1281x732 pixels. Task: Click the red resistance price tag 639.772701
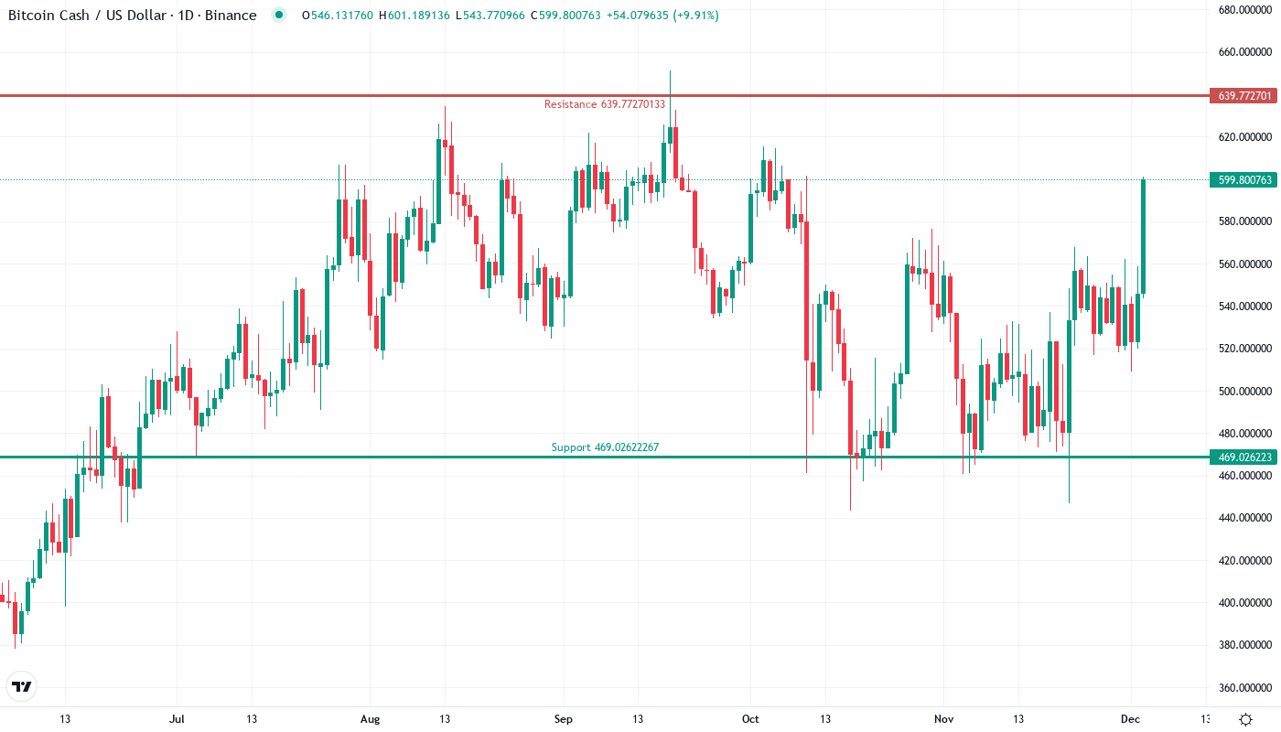click(x=1242, y=95)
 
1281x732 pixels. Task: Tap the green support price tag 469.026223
click(x=1242, y=457)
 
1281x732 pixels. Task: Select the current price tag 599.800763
click(x=1242, y=180)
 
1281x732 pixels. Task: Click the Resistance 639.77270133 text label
click(x=605, y=104)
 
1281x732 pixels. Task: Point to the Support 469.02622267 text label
click(x=605, y=447)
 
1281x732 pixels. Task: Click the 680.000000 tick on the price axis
click(x=1244, y=10)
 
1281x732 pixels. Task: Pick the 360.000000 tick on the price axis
click(x=1244, y=687)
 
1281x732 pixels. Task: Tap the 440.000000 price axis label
click(x=1244, y=518)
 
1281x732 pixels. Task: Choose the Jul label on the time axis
click(x=178, y=719)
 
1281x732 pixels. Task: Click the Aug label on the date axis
click(x=370, y=719)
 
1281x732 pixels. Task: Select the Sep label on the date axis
click(x=564, y=719)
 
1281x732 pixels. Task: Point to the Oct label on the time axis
click(x=751, y=719)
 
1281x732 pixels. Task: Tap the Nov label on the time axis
click(x=943, y=719)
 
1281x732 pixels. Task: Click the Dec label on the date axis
click(x=1131, y=719)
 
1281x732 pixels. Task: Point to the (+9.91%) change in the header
click(x=694, y=16)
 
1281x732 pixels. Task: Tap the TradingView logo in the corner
click(x=22, y=686)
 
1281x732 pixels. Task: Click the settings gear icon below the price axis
click(x=1245, y=719)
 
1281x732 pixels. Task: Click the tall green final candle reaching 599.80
click(x=1143, y=237)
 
